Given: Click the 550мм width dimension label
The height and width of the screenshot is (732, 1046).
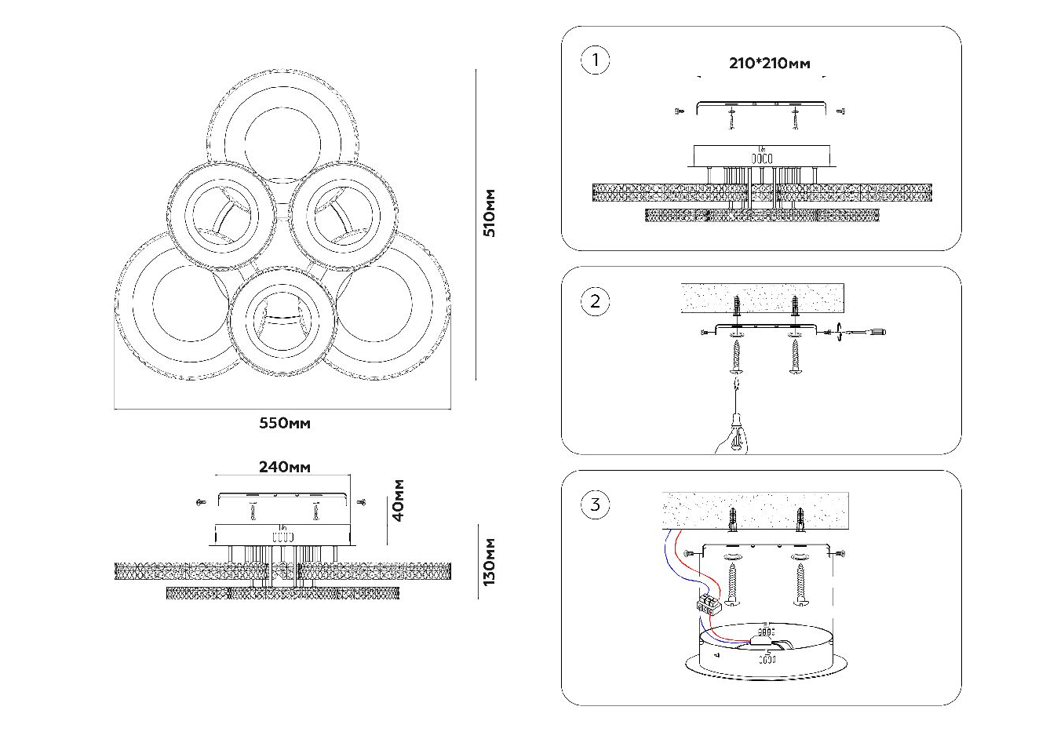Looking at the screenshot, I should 285,424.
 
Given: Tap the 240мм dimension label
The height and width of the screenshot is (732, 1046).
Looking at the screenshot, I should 284,467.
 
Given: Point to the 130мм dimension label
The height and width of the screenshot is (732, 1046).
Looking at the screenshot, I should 490,562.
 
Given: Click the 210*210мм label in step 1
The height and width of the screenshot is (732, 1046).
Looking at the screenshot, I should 769,64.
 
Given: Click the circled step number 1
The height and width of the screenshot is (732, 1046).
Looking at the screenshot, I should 595,60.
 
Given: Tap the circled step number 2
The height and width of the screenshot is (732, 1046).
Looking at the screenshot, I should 595,301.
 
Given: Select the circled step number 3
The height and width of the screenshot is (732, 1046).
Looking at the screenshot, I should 595,504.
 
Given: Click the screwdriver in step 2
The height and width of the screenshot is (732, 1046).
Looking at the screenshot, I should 863,332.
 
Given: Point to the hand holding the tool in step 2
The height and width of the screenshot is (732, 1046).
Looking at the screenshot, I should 733,436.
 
